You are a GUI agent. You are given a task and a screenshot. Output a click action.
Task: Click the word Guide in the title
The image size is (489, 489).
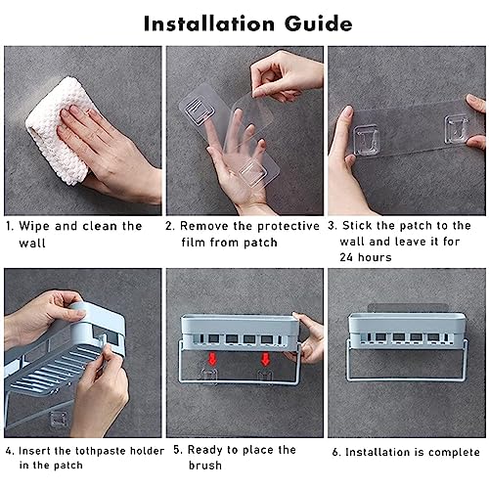(318, 23)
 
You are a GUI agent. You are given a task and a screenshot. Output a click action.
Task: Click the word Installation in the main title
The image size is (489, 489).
(209, 23)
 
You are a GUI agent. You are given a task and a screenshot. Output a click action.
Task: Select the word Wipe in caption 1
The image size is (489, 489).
(34, 226)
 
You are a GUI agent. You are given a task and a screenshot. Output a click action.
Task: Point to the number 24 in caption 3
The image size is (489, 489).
(346, 257)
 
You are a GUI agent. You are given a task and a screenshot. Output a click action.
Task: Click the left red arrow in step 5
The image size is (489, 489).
(212, 359)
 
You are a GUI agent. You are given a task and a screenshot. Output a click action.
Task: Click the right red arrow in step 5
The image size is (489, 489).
(265, 359)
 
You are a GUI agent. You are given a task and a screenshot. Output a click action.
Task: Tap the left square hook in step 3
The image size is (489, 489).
(367, 140)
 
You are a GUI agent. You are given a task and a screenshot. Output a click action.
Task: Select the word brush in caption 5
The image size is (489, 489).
(205, 466)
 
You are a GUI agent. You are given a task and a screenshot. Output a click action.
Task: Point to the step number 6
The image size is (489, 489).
(336, 453)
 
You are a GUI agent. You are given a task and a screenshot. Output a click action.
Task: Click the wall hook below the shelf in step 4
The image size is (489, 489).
(58, 420)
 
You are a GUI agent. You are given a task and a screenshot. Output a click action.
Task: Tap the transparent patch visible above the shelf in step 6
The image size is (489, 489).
(407, 307)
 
